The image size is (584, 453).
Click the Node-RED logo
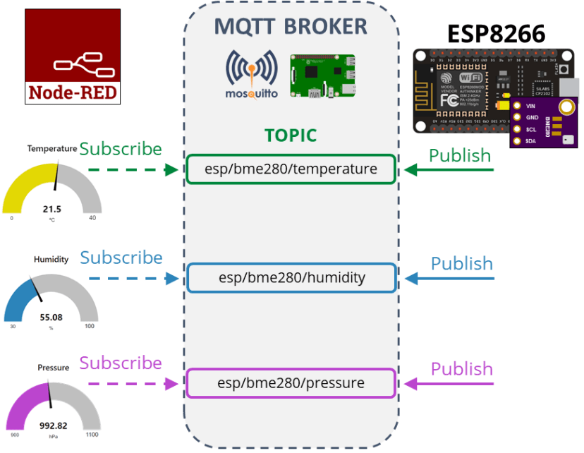pyautogui.click(x=73, y=57)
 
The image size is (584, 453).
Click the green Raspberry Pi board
pyautogui.click(x=322, y=77)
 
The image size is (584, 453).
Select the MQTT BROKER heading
pyautogui.click(x=291, y=27)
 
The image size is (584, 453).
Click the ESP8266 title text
pyautogui.click(x=496, y=34)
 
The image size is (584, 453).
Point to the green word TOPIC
pyautogui.click(x=291, y=135)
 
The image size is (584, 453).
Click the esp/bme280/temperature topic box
pyautogui.click(x=291, y=169)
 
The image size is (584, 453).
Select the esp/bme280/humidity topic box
pyautogui.click(x=291, y=277)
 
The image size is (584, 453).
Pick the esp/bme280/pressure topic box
pyautogui.click(x=291, y=383)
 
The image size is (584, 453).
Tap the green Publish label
pyautogui.click(x=460, y=155)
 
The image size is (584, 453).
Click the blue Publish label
pyautogui.click(x=461, y=263)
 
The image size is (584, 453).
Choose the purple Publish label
pyautogui.click(x=461, y=368)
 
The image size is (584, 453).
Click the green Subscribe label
pyautogui.click(x=121, y=149)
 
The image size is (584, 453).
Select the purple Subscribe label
pyautogui.click(x=121, y=363)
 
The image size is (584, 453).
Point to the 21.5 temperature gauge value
pyautogui.click(x=52, y=209)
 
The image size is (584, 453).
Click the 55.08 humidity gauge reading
pyautogui.click(x=51, y=318)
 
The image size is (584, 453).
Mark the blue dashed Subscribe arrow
pyautogui.click(x=133, y=279)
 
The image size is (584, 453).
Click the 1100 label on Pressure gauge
pyautogui.click(x=93, y=435)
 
